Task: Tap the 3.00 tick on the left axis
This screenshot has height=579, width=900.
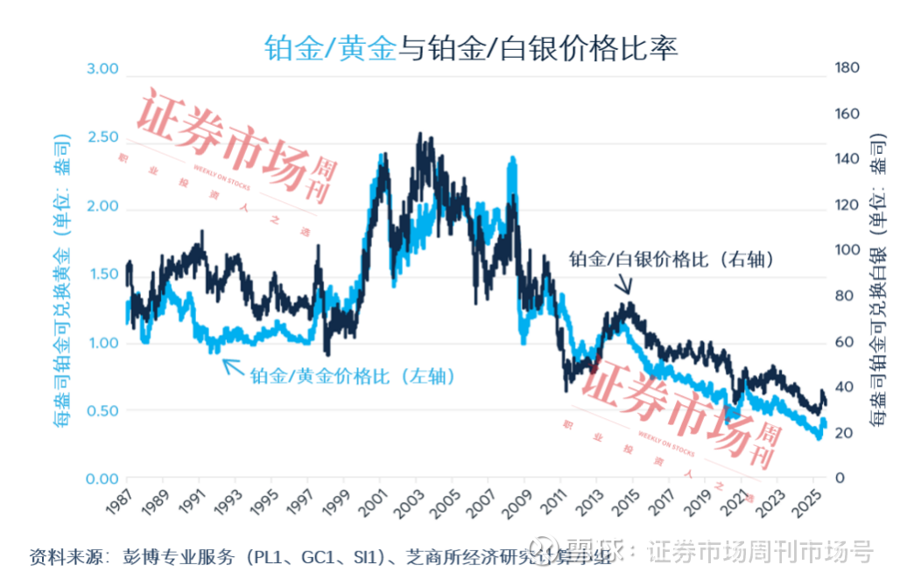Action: point(102,69)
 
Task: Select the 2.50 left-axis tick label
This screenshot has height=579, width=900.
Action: point(102,137)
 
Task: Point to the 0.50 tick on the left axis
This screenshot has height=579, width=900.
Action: point(102,410)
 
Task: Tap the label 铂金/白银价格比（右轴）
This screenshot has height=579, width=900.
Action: point(672,259)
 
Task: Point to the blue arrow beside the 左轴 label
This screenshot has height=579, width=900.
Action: point(232,366)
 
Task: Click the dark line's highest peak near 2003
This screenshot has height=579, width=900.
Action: point(420,135)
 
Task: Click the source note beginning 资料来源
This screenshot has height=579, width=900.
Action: point(320,557)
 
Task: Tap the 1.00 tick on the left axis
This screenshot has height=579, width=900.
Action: point(102,342)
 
